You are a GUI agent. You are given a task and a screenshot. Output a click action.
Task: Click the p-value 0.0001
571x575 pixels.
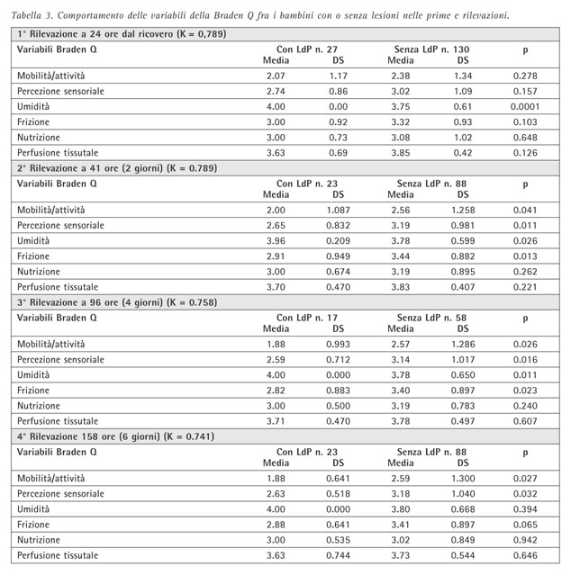coord(525,106)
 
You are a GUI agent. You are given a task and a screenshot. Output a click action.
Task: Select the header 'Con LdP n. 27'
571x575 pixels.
coord(307,48)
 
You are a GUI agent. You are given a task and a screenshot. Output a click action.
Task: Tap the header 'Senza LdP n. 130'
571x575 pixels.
coord(432,48)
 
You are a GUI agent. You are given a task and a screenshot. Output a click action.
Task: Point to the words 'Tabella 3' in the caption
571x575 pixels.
coord(38,14)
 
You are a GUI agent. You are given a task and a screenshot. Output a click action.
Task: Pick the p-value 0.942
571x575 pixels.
coord(525,539)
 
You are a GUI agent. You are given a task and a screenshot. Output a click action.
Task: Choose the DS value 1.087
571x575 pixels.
coord(339,210)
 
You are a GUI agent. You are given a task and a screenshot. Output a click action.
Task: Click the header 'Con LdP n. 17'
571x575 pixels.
coord(307,318)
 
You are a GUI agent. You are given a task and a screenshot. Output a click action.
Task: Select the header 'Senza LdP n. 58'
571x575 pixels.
coord(432,318)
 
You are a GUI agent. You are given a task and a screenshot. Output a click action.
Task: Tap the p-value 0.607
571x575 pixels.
coord(525,419)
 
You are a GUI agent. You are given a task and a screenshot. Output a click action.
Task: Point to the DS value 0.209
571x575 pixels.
coord(339,239)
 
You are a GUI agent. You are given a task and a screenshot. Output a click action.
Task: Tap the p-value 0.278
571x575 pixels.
coord(525,76)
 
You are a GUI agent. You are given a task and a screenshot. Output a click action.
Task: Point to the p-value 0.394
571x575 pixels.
coord(525,509)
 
